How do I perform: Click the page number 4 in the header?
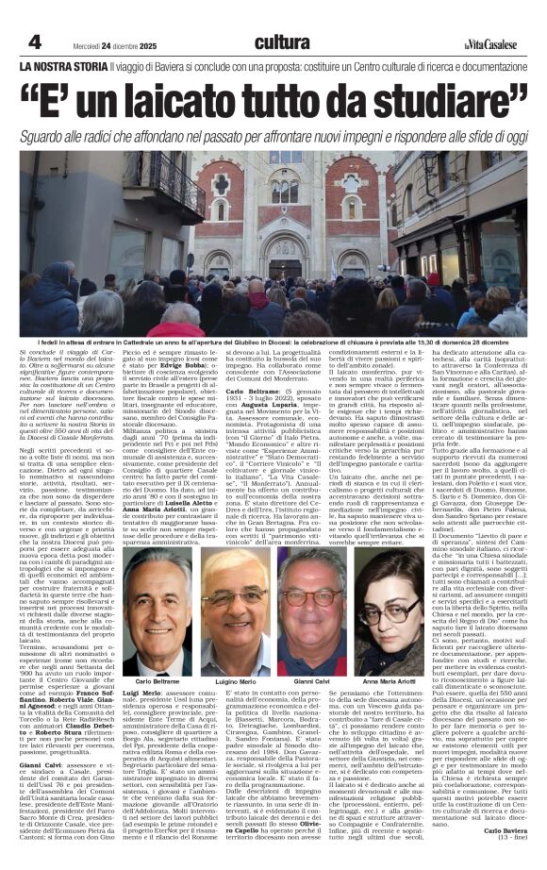click(34, 42)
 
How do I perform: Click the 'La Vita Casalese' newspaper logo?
click(490, 42)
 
